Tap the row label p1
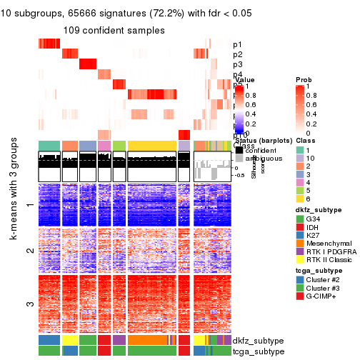point(237,44)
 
